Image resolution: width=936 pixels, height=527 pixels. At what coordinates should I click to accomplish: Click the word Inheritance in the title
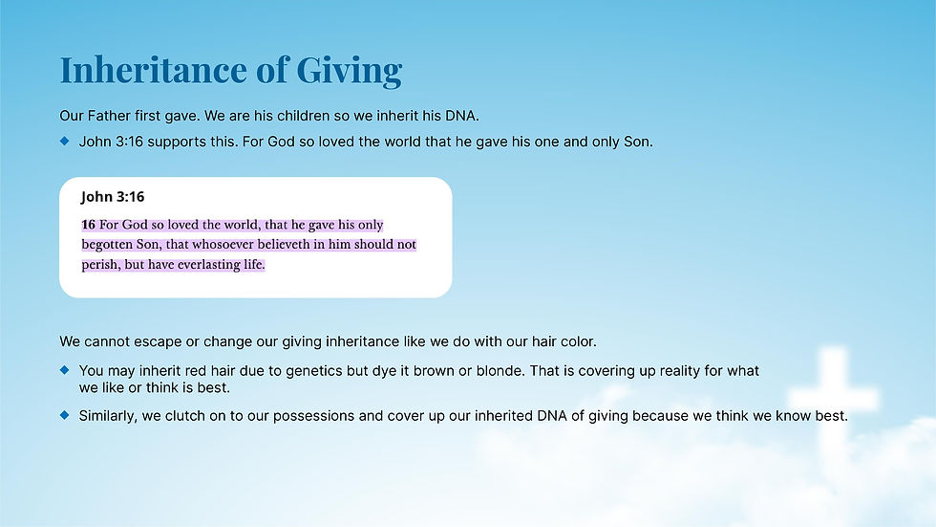point(154,69)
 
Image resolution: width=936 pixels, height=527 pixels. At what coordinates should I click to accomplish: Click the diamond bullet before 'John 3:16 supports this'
point(65,141)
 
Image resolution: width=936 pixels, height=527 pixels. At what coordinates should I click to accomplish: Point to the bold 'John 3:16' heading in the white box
point(113,197)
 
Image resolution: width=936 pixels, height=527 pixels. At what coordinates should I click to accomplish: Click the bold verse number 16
point(88,225)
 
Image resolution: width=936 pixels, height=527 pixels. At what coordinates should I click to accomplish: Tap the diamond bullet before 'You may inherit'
point(65,370)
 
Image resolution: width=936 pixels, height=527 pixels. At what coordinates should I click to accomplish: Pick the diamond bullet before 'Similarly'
point(65,415)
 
